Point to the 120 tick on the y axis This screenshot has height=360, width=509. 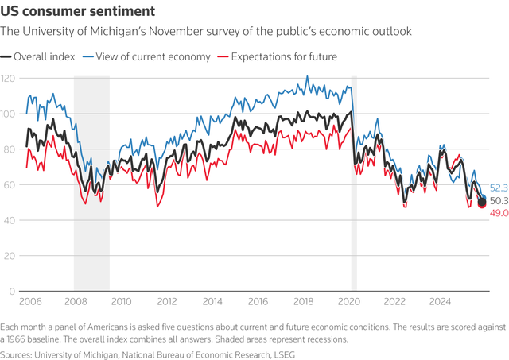10,79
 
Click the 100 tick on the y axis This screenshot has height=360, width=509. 10,114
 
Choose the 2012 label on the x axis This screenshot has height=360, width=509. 166,302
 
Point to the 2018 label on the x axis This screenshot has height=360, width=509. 303,302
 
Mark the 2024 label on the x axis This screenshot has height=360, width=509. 440,302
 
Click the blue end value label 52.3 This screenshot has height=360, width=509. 499,188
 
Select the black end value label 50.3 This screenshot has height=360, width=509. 499,201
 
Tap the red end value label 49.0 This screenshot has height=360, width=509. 499,214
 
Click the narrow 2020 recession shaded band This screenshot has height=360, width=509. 354,183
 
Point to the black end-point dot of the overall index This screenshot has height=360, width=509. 481,203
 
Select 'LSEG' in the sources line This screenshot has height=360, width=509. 282,354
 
